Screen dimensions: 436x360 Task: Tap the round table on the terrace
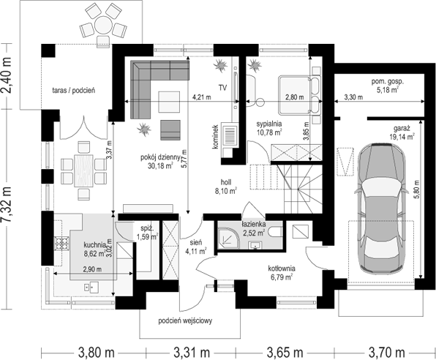pyautogui.click(x=103, y=25)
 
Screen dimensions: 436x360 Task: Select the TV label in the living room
pyautogui.click(x=222, y=88)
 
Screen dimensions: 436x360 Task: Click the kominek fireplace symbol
pyautogui.click(x=230, y=136)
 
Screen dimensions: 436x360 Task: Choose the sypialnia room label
pyautogui.click(x=269, y=124)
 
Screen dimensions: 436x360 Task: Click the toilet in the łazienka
pyautogui.click(x=276, y=232)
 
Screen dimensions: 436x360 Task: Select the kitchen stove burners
pyautogui.click(x=61, y=244)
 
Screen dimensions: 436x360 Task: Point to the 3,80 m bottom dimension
pyautogui.click(x=96, y=353)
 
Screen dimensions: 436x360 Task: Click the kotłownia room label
pyautogui.click(x=282, y=269)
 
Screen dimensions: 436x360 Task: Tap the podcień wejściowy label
pyautogui.click(x=185, y=320)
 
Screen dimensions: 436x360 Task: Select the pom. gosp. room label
pyautogui.click(x=387, y=82)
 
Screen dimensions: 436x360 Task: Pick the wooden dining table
pyautogui.click(x=83, y=170)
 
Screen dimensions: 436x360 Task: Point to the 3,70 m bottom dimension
pyautogui.click(x=386, y=353)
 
